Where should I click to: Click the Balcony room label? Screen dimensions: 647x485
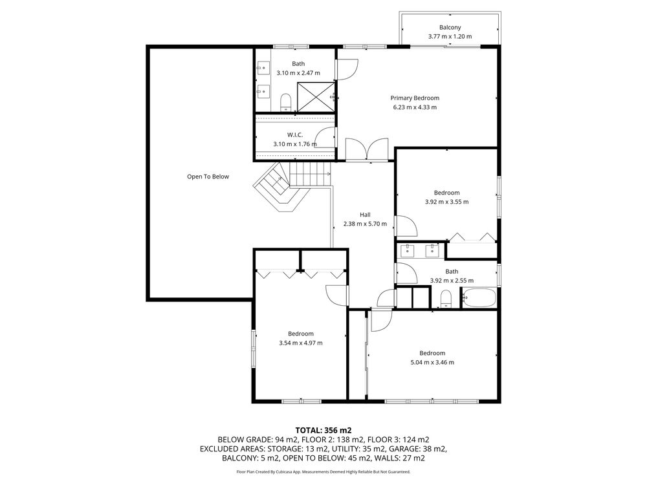coord(450,27)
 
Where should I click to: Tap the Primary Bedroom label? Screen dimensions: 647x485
coord(415,98)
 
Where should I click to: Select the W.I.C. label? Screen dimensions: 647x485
coord(295,135)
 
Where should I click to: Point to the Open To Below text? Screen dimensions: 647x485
coord(208,177)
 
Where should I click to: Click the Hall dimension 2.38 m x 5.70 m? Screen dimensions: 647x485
coord(365,224)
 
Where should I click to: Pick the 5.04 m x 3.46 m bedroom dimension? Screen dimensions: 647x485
coord(432,363)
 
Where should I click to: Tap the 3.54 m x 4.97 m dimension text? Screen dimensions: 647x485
coord(301,343)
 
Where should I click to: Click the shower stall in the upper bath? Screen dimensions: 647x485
coord(316,97)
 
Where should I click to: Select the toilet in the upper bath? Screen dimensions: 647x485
coord(285,102)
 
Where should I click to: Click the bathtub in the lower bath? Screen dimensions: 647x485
coord(479,297)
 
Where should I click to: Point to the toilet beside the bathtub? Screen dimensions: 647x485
coord(446,299)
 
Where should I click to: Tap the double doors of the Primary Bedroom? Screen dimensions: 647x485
coord(367,149)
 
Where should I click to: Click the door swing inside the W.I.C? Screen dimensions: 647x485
coord(326,137)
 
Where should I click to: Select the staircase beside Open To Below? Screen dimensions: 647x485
coord(291,186)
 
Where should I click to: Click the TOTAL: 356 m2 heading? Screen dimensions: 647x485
coord(323,431)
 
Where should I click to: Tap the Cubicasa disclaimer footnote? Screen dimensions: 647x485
coord(323,471)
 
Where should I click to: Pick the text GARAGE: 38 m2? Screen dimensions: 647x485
coord(418,449)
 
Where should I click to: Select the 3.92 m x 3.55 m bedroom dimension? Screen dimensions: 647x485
coord(447,202)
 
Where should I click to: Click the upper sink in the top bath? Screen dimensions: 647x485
coord(263,67)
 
